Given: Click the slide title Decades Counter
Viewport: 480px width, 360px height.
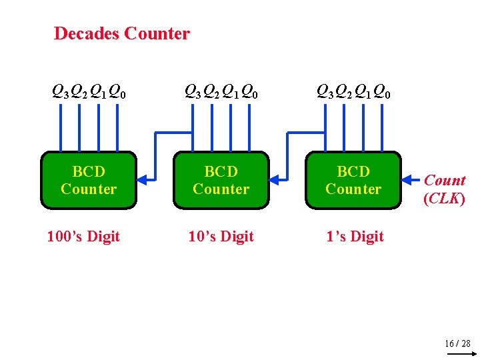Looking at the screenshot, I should (x=121, y=33).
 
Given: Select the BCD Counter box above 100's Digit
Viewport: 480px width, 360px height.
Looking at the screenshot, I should (x=89, y=180).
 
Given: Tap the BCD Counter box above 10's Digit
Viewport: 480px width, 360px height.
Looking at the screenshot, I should (x=221, y=180).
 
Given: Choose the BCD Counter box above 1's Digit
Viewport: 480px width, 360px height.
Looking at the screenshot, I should (x=353, y=180).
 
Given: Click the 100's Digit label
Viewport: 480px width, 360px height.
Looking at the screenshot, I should (x=83, y=237).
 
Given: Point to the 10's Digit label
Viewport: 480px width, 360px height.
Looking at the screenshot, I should (x=221, y=237).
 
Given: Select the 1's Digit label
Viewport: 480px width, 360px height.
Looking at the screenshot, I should (x=355, y=237).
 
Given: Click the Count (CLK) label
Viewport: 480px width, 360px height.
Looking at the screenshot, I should (x=445, y=189).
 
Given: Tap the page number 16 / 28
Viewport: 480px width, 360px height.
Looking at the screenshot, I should (x=457, y=343).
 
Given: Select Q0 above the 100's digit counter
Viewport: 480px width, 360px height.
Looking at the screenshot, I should (x=118, y=91).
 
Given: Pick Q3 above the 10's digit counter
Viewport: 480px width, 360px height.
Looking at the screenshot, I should (x=192, y=91).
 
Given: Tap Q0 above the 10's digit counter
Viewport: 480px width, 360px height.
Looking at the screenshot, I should (x=250, y=91).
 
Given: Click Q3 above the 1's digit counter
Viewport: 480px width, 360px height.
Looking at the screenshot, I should (x=325, y=91).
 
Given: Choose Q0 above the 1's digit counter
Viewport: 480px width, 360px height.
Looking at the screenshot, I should (x=383, y=91).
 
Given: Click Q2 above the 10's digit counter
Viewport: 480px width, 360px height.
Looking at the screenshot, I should (x=212, y=91).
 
